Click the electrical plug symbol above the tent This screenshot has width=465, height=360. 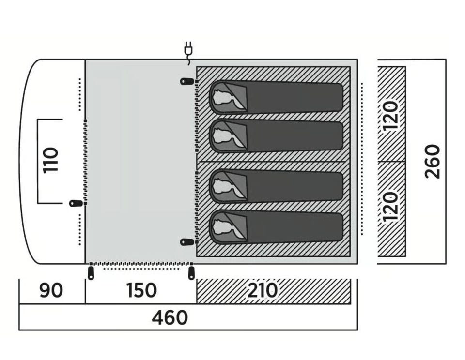[x=188, y=50]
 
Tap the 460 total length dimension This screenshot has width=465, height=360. [x=170, y=317]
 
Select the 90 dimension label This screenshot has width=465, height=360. [x=51, y=290]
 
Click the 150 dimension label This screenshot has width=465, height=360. [x=141, y=290]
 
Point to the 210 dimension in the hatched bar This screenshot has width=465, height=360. [x=262, y=290]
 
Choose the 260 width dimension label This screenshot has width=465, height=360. [x=432, y=162]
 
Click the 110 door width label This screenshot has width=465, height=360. [x=50, y=160]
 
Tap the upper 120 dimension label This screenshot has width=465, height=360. [x=390, y=115]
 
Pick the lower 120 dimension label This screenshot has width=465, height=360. [x=390, y=207]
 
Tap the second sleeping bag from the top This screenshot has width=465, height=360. [x=276, y=136]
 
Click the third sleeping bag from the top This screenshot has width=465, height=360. [x=276, y=187]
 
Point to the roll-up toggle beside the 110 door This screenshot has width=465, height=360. [x=76, y=204]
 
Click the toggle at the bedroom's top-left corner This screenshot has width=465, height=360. [x=187, y=81]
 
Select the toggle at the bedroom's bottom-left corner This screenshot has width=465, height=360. [x=187, y=242]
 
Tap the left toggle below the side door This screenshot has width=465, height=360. [x=91, y=273]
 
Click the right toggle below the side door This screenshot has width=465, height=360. [x=192, y=273]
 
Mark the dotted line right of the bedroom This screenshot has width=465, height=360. [x=362, y=159]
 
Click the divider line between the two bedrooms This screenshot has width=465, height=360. [x=273, y=162]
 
